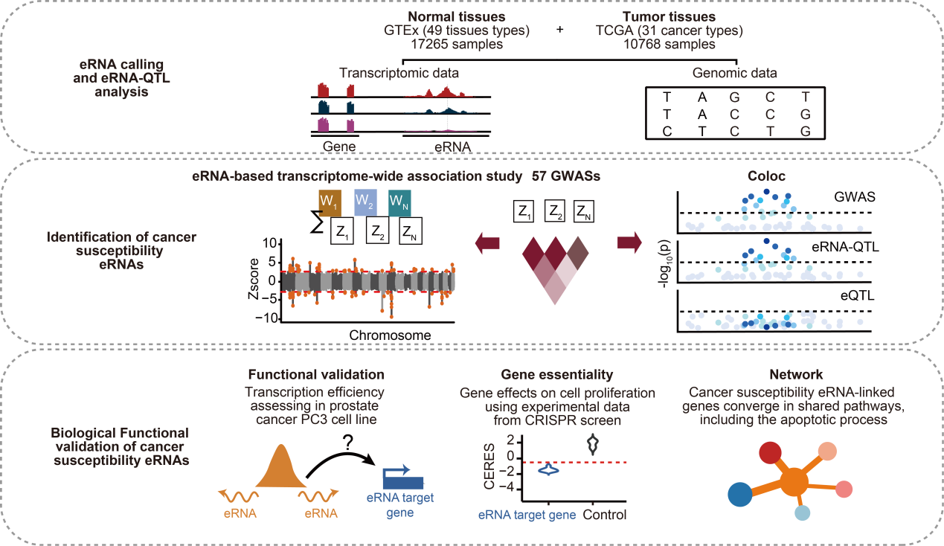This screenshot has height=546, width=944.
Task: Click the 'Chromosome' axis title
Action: tap(389, 335)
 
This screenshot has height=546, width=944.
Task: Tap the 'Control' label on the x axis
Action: tap(604, 515)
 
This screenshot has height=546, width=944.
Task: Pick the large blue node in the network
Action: tap(739, 493)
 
